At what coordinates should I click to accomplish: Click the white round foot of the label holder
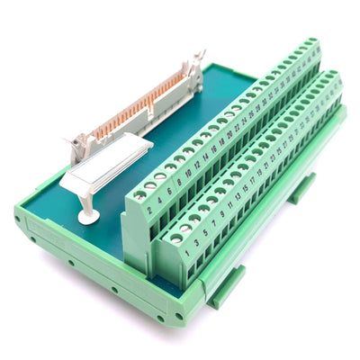pyautogui.click(x=87, y=216)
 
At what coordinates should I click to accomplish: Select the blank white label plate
pyautogui.click(x=99, y=170)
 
